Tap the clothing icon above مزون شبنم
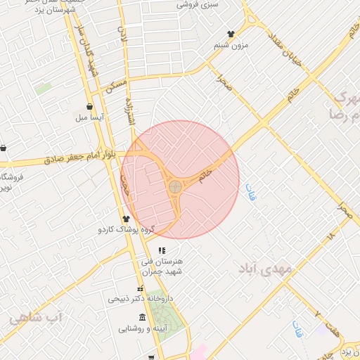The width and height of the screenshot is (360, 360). click(231, 34)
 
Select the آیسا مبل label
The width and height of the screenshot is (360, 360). click(91, 118)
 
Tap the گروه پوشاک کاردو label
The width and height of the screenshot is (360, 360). click(126, 230)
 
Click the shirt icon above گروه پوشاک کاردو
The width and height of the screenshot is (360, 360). click(126, 219)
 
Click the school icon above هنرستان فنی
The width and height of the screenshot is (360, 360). click(162, 250)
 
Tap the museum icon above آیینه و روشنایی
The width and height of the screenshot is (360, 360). click(143, 316)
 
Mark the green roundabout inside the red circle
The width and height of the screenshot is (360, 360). click(175, 187)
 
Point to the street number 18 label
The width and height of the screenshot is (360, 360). click(330, 238)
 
